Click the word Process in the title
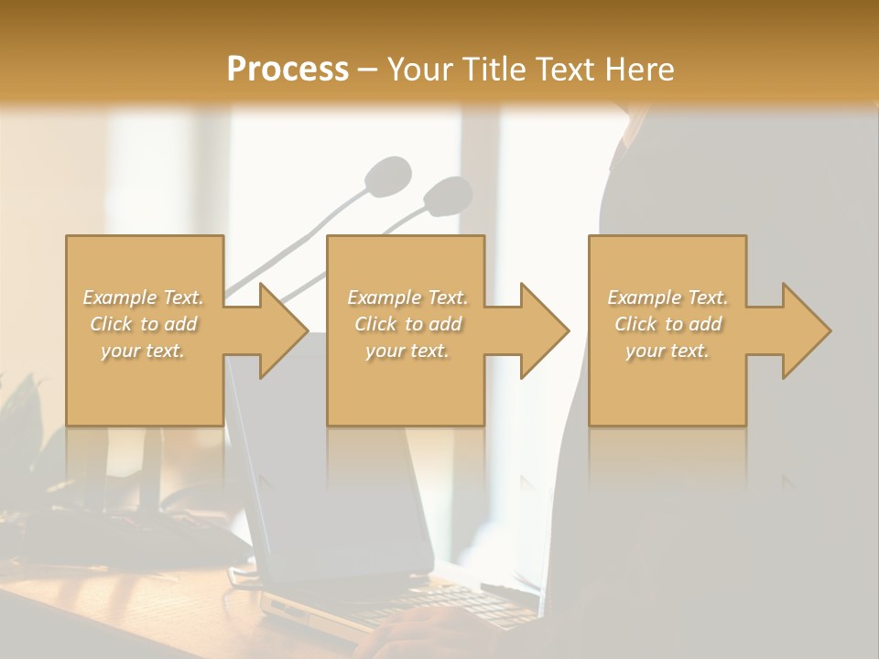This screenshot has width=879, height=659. [x=288, y=70]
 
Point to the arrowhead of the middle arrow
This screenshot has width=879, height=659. [x=544, y=330]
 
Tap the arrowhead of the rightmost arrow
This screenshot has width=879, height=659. [x=806, y=330]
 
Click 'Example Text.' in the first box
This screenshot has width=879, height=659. [x=144, y=297]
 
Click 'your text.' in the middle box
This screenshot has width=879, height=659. [x=407, y=351]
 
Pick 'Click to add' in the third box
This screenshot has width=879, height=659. [x=668, y=324]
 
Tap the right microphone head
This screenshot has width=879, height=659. [x=448, y=194]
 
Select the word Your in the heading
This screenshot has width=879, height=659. [x=417, y=70]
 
